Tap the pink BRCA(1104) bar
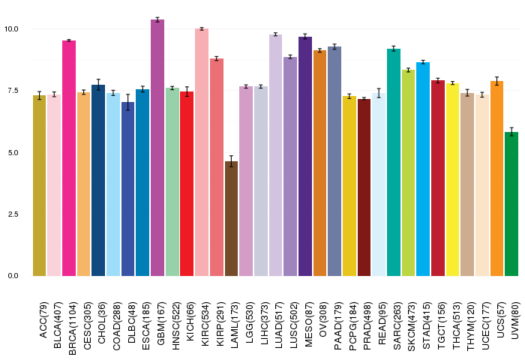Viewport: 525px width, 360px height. pos(69,158)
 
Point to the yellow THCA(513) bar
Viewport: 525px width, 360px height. pos(453,179)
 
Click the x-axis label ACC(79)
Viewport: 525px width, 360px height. pos(41,317)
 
